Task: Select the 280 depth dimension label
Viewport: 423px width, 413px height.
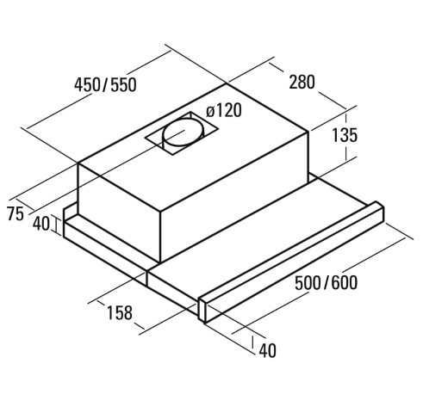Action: tap(302, 83)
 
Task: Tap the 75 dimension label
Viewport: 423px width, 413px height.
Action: tap(14, 215)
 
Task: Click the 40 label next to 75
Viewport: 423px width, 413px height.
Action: tap(40, 225)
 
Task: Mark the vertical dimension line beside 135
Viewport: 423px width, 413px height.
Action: tap(346, 135)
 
